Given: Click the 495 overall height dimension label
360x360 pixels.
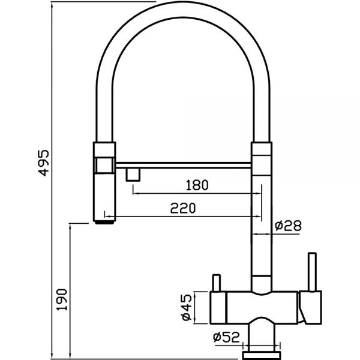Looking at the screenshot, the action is (x=44, y=163).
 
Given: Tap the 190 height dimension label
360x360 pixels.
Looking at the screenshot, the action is (x=62, y=299).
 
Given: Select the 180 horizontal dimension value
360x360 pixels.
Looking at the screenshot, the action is (x=197, y=185).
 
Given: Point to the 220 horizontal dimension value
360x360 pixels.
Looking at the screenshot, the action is (x=183, y=208).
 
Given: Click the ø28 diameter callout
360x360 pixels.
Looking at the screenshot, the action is (x=288, y=226).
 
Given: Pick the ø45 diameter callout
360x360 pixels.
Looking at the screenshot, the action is (x=187, y=307).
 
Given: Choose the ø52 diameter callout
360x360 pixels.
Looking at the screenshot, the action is (x=226, y=337).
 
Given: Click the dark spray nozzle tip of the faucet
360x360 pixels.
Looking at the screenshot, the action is (x=104, y=222).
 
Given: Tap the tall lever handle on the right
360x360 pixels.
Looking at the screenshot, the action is (x=312, y=272).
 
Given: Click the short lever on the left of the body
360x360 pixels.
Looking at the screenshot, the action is (x=217, y=283).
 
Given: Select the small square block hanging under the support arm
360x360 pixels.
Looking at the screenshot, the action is (x=133, y=175).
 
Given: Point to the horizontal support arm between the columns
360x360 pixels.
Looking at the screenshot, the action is (x=183, y=166).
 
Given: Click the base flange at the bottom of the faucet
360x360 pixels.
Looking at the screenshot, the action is (x=262, y=355).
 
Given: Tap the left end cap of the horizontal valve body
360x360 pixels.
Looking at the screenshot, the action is (x=218, y=308).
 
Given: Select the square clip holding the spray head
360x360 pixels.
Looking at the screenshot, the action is (x=104, y=165).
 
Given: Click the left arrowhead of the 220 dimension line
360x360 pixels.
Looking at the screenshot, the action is (x=108, y=216).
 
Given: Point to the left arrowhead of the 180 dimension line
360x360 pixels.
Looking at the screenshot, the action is (x=136, y=194).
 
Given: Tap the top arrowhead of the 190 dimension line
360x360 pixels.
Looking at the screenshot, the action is (x=70, y=227).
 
